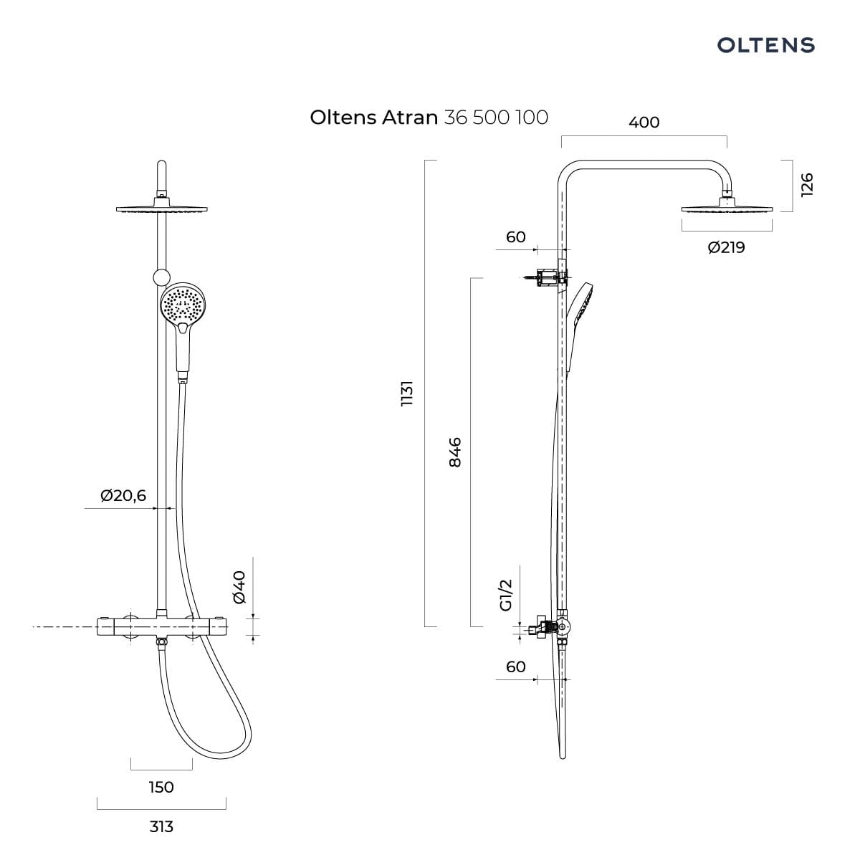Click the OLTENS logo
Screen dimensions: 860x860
(x=765, y=45)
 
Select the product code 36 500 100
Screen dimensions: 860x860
(x=496, y=118)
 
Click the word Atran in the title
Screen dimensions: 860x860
(x=410, y=118)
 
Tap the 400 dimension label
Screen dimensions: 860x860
(x=644, y=123)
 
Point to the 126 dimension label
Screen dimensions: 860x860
(x=807, y=184)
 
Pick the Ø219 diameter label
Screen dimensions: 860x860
(x=727, y=247)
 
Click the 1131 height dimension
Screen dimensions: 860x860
(x=407, y=393)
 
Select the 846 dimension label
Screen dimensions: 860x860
(x=455, y=452)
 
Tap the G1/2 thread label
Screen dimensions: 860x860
(x=507, y=596)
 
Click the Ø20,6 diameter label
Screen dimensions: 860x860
(x=123, y=495)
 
